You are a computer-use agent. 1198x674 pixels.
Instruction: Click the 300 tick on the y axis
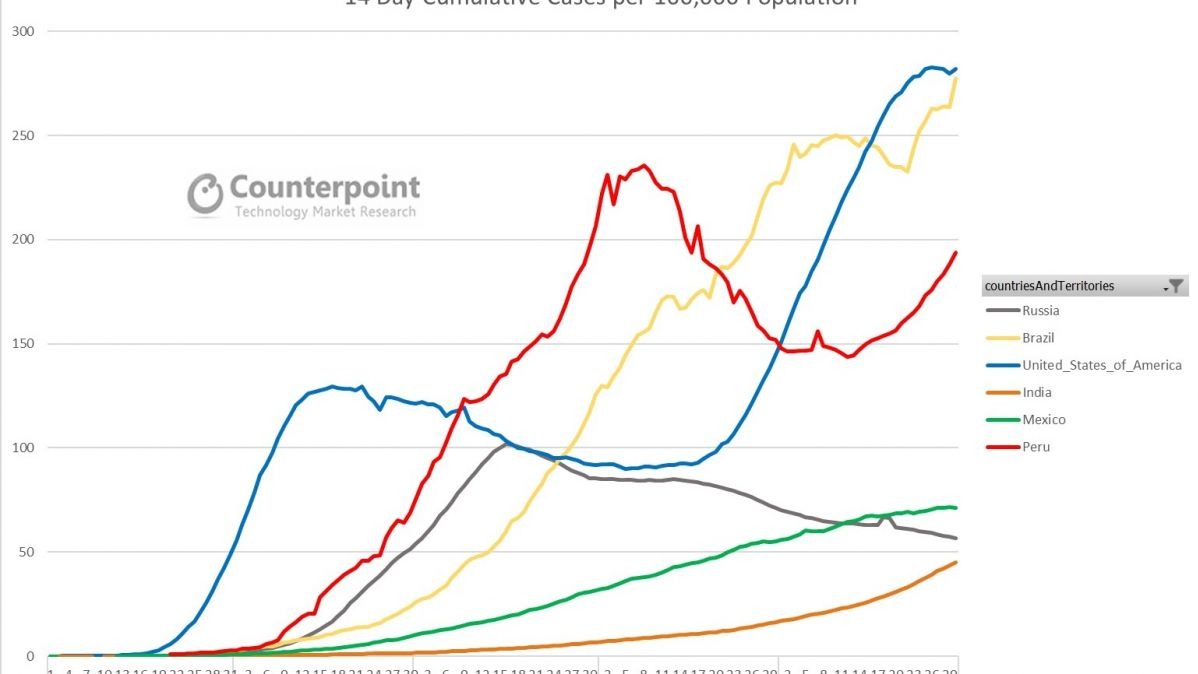click(x=23, y=31)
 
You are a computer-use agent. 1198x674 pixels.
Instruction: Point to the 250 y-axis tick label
click(x=23, y=135)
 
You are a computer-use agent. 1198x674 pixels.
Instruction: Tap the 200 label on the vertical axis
click(x=23, y=239)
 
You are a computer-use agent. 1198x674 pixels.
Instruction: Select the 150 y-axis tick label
click(x=23, y=344)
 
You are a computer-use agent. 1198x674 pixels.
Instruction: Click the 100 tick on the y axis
click(x=23, y=448)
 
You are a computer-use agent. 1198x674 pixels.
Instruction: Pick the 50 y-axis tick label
click(x=26, y=552)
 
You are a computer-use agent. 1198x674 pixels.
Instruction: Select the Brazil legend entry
click(x=1038, y=338)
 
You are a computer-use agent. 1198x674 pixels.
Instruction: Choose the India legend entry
click(x=1036, y=392)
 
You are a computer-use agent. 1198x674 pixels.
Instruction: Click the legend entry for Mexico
click(x=1043, y=420)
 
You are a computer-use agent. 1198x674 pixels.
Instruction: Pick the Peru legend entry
click(x=1036, y=447)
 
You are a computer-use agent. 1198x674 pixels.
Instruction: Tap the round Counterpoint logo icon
click(x=205, y=194)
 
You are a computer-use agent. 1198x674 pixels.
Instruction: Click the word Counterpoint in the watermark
click(x=325, y=187)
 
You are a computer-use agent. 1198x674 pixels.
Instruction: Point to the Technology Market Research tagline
click(x=325, y=212)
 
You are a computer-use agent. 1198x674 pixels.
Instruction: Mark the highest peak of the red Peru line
click(x=643, y=165)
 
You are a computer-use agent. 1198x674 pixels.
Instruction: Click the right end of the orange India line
click(x=956, y=562)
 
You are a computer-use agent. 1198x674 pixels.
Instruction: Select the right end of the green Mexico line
click(x=956, y=507)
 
